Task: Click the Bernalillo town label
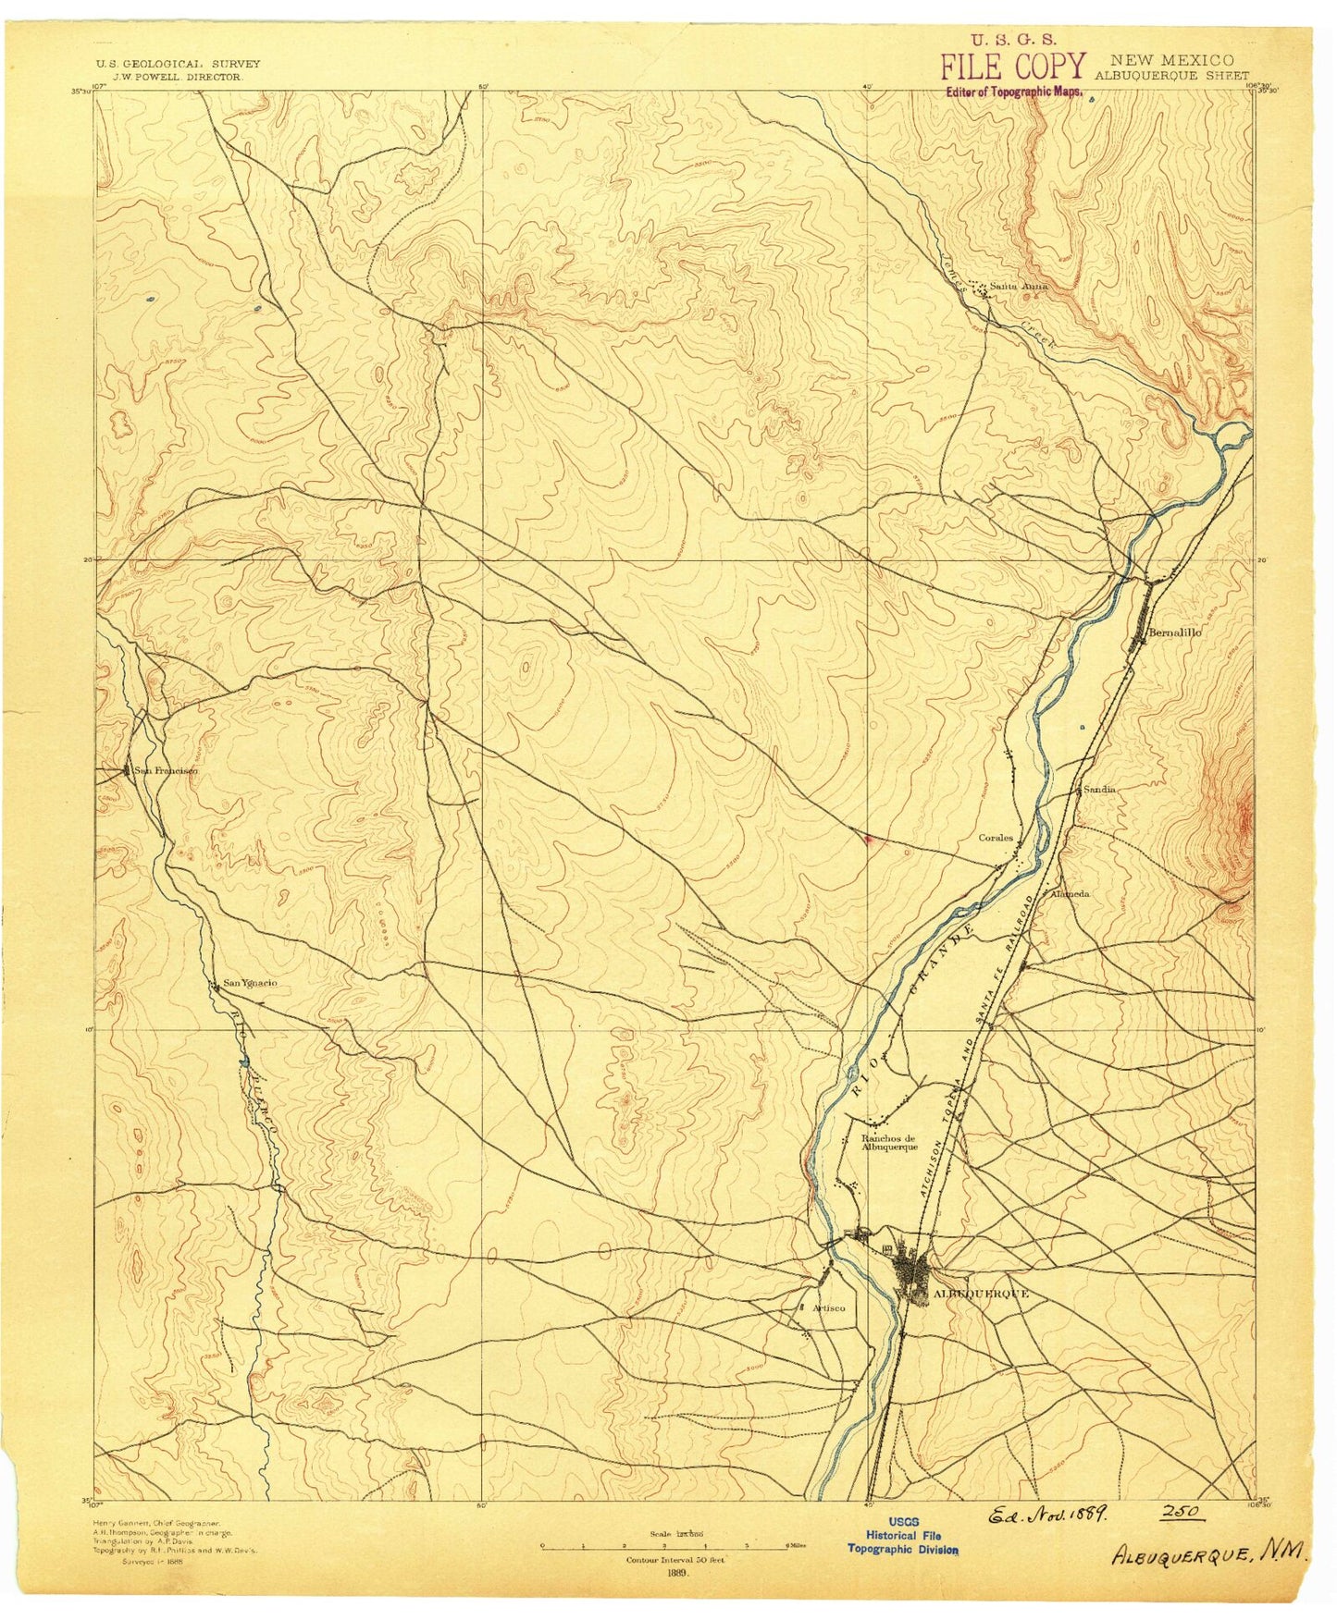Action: [x=1174, y=632]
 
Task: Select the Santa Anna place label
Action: [x=1019, y=286]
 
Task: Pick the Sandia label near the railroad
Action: [x=1099, y=790]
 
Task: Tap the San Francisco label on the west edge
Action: [x=165, y=770]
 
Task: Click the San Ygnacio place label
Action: [x=249, y=983]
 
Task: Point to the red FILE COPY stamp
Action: [x=1012, y=67]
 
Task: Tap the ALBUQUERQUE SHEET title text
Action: [x=1170, y=76]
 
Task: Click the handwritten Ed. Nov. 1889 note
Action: [x=1048, y=1516]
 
